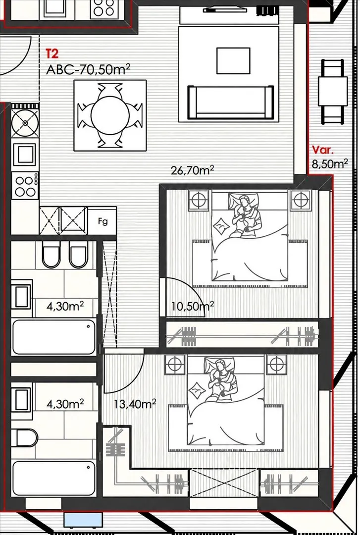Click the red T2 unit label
coord(52,54)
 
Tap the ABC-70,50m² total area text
coord(88,69)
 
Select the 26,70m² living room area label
coord(193,169)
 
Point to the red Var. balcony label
coord(323,150)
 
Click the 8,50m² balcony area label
coord(330,163)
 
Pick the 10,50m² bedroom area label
coord(193,306)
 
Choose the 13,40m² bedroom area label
coord(135,404)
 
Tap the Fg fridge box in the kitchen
coord(103,221)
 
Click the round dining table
coord(110,115)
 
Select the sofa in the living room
coord(231,102)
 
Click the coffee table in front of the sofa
coord(233,61)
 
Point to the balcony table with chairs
coord(333,92)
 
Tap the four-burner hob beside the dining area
coord(25,186)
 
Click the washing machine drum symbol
coord(25,123)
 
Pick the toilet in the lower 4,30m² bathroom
coord(25,438)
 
